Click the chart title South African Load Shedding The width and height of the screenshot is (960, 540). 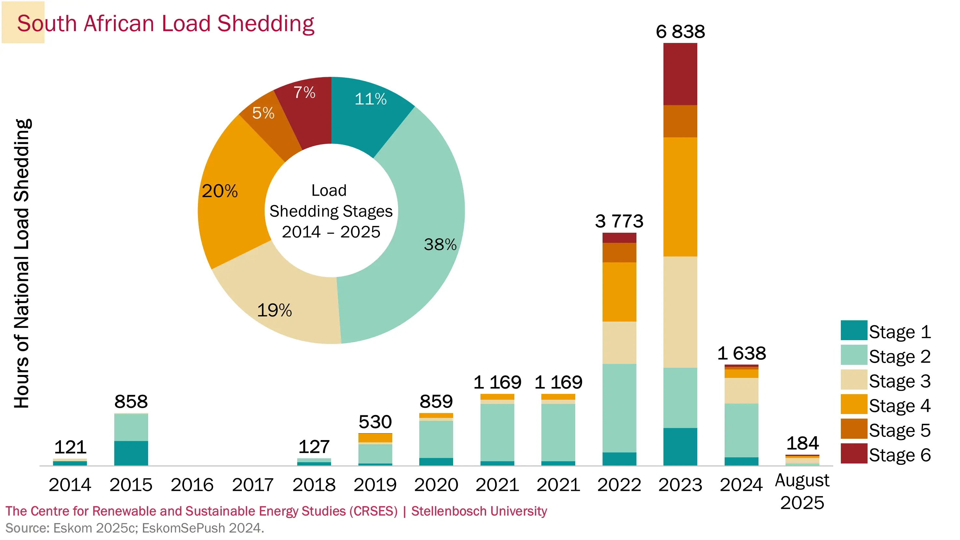165,23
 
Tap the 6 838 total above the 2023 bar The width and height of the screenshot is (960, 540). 680,32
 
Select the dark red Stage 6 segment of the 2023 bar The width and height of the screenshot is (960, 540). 680,74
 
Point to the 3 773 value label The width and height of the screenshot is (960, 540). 619,221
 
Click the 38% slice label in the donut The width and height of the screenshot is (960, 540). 440,244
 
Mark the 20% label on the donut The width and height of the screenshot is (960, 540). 219,191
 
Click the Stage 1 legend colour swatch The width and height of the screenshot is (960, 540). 854,330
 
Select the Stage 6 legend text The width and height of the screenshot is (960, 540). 900,455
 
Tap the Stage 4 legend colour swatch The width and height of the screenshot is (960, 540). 854,404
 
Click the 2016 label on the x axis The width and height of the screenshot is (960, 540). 192,485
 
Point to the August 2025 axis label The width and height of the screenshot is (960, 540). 802,491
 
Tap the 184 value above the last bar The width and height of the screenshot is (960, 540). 802,443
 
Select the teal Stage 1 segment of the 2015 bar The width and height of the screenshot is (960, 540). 131,453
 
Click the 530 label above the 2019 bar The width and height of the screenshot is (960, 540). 375,422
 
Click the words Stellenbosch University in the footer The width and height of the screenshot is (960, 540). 479,511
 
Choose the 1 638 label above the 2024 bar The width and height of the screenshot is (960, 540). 741,353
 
